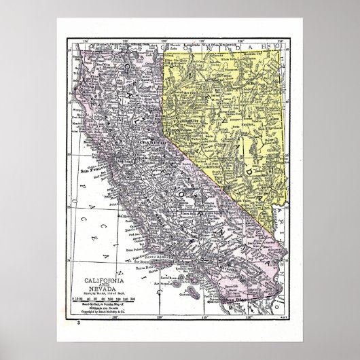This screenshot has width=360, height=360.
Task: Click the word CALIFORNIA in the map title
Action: tap(103, 262)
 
